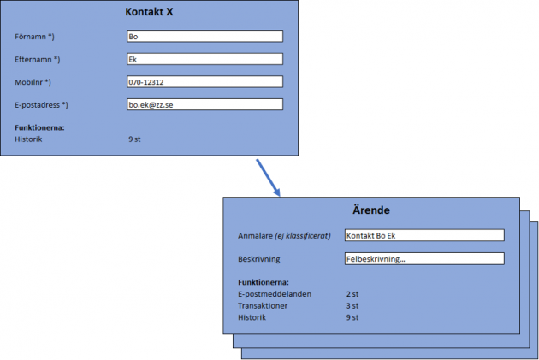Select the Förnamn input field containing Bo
coord(204,37)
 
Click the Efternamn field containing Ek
coord(204,59)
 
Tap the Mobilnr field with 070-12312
coord(204,82)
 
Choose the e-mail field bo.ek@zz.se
coord(204,104)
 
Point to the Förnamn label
coord(35,37)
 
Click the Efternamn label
coord(38,60)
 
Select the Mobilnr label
coord(33,82)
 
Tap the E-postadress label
coord(41,104)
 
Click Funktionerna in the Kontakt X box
coord(40,127)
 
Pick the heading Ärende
coord(371,210)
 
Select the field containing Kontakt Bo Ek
coord(423,235)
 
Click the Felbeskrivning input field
coord(423,258)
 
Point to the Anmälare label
coord(284,235)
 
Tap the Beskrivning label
coord(260,258)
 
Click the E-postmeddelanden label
coord(275,293)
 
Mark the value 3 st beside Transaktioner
coord(352,305)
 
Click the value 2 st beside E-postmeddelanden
coord(352,293)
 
